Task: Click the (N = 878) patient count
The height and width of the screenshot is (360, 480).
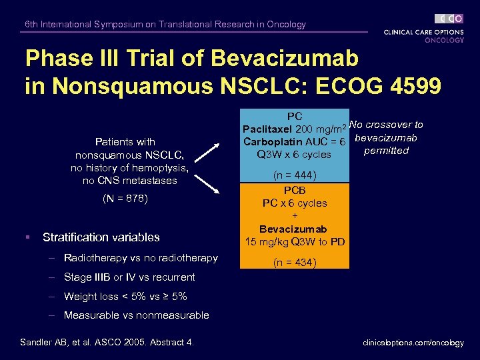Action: tap(125, 198)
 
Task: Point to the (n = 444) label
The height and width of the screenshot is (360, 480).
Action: tap(294, 175)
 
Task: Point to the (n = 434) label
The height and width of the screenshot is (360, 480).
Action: tap(294, 262)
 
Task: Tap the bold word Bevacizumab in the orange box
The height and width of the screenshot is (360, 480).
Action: tap(294, 229)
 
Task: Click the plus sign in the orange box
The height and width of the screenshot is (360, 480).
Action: tap(294, 216)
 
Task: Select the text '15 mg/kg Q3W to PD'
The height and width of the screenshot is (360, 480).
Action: tap(294, 241)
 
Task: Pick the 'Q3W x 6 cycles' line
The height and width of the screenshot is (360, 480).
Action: tap(294, 155)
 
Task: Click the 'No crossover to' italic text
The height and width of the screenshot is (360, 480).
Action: tap(386, 125)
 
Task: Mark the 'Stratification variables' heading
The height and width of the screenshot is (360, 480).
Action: tap(101, 237)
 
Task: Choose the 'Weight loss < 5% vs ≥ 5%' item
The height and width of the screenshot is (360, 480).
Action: tap(125, 296)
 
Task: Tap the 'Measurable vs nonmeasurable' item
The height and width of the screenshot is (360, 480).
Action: tap(136, 315)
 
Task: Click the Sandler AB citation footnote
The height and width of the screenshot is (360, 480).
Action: tap(107, 343)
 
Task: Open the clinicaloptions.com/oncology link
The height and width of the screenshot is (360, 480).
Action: tap(413, 343)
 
